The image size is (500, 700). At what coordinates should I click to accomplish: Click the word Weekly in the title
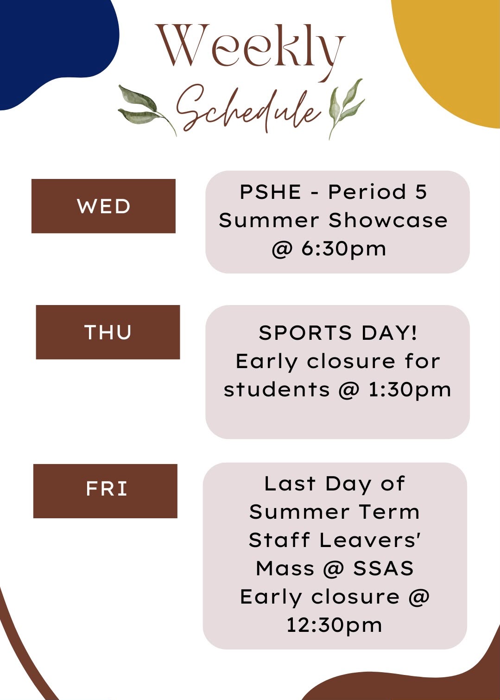point(251,50)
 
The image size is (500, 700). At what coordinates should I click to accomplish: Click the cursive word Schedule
point(249,109)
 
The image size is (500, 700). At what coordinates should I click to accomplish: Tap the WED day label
point(103,206)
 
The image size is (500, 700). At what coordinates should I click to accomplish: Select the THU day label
point(108,332)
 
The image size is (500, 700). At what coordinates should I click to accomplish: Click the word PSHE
point(270,191)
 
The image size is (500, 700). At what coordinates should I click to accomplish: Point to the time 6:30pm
point(343,249)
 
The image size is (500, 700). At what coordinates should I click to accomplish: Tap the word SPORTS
point(305,332)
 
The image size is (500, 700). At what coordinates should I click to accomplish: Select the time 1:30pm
point(410,390)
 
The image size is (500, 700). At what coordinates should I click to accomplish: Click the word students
point(277,390)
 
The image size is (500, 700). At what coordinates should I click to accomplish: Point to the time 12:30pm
point(334,625)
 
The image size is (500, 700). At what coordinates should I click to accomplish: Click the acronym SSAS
point(383,568)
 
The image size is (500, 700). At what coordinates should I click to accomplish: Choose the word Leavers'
point(370,540)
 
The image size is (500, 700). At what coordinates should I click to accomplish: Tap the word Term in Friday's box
point(389,512)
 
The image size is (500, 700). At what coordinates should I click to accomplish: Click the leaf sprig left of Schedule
point(147,109)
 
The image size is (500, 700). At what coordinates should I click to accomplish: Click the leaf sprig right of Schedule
point(346,108)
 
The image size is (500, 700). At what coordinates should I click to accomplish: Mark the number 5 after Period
point(421,191)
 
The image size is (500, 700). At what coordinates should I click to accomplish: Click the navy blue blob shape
point(53,47)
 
